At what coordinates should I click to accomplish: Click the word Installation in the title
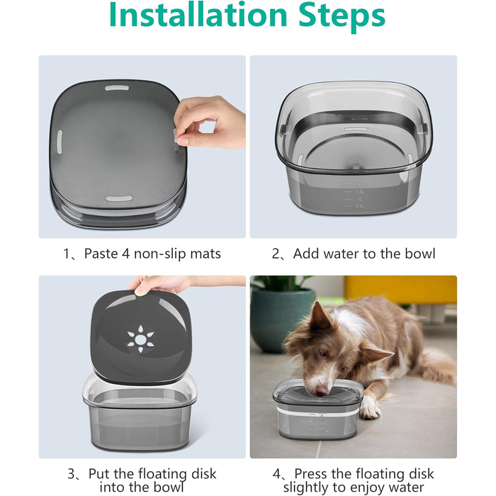(198, 14)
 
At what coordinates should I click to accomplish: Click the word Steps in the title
(342, 16)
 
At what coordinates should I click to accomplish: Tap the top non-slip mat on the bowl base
(117, 88)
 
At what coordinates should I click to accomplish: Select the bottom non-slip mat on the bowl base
(119, 198)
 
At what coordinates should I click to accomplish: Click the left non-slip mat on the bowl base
(60, 142)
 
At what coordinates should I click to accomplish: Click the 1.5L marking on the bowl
(360, 192)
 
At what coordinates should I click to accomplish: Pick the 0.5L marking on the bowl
(360, 206)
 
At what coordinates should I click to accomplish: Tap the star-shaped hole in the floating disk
(140, 339)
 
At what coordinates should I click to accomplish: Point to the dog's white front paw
(369, 408)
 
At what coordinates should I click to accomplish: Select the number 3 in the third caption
(72, 474)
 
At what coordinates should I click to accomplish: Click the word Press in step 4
(312, 474)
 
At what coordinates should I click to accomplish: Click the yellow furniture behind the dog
(401, 289)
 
